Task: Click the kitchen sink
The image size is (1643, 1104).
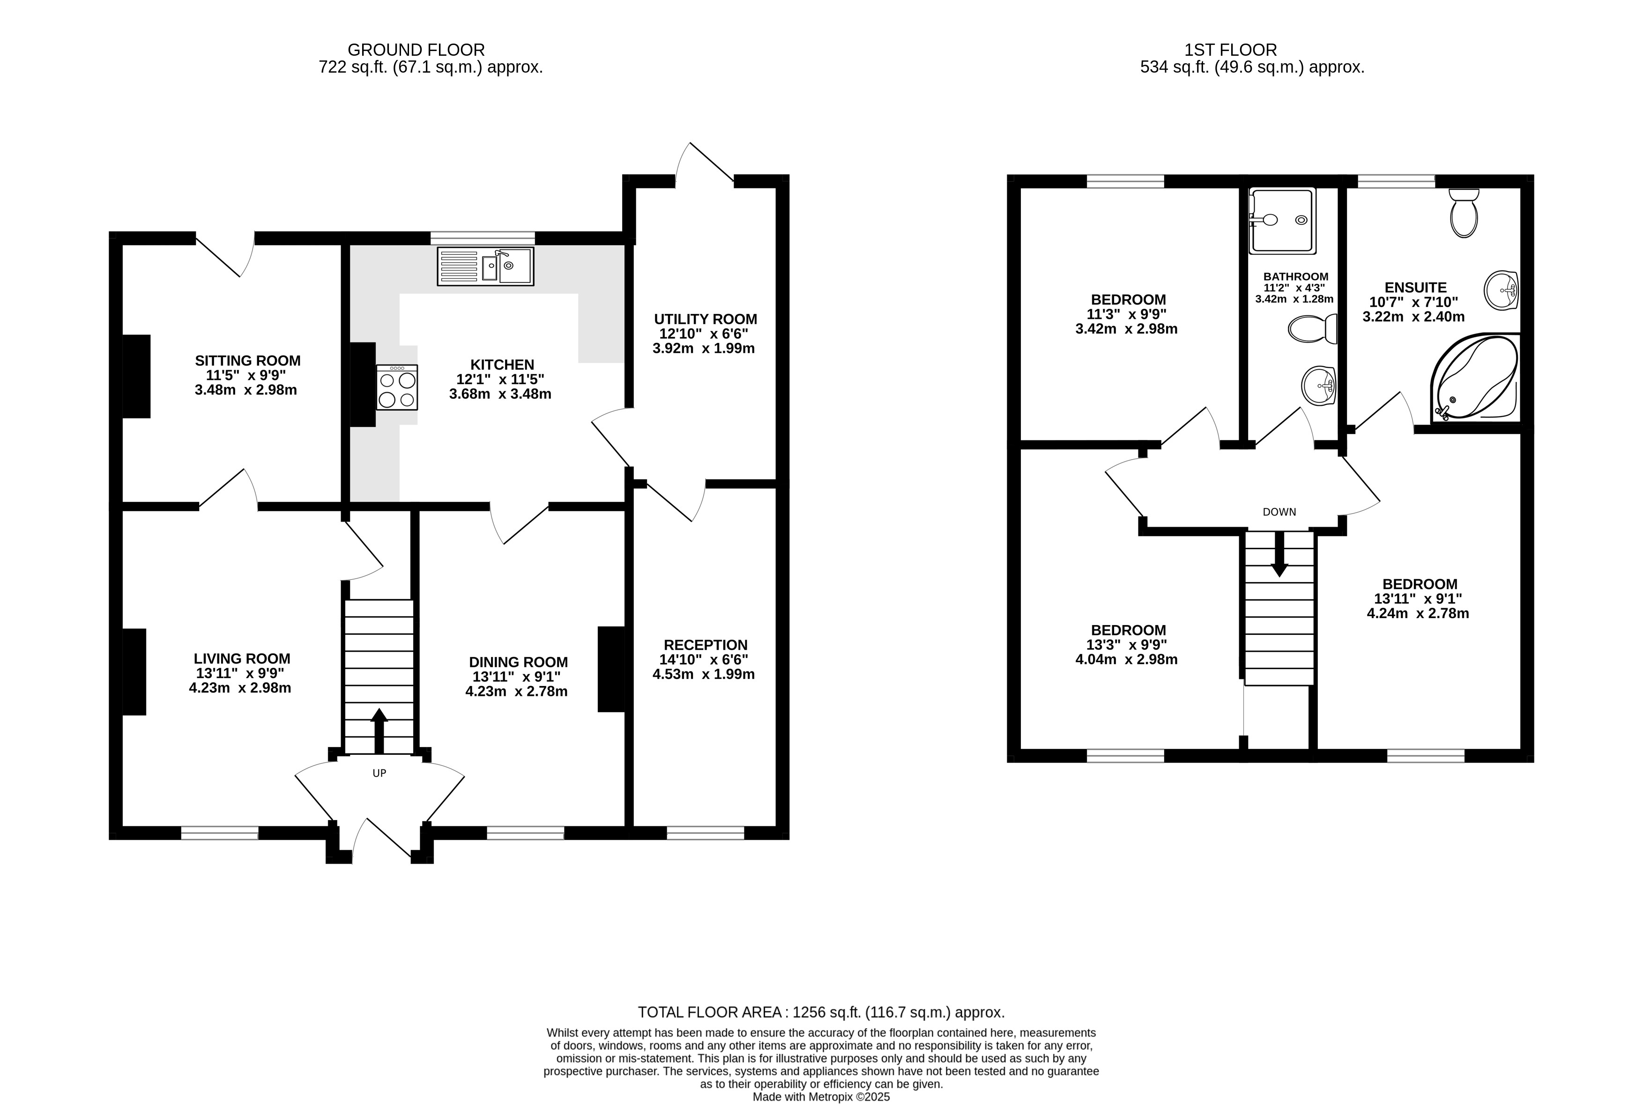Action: coord(485,266)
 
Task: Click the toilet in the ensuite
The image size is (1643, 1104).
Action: coord(1464,213)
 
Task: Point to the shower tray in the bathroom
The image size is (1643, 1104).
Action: coord(1282,220)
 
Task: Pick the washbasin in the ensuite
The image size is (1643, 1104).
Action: coord(1501,290)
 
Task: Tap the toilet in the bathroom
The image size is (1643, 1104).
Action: coord(1313,328)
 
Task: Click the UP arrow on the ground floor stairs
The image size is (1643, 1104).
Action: coord(379,731)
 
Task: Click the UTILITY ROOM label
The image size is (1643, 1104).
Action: coord(706,320)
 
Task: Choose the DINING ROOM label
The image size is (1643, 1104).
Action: coord(518,663)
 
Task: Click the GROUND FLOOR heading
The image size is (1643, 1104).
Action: coord(416,50)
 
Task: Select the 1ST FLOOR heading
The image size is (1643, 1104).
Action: coord(1230,50)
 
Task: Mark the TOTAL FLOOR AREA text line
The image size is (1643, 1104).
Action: coord(821,1013)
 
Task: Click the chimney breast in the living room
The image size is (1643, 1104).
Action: coord(134,671)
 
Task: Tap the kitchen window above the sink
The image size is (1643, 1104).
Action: coord(483,238)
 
